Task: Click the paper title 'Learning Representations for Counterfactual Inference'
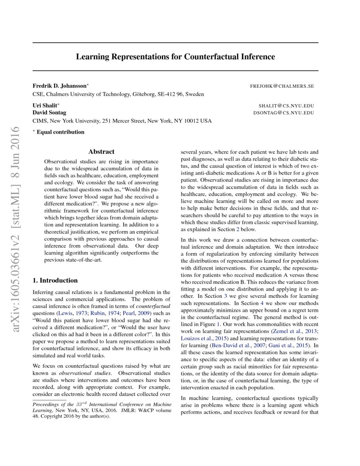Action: click(x=175, y=57)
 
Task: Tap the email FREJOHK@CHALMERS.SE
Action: click(x=282, y=86)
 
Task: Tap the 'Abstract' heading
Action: click(x=101, y=152)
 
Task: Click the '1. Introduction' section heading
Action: click(x=55, y=280)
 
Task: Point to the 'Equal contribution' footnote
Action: click(x=60, y=132)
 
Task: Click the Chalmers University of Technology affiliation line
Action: click(x=118, y=94)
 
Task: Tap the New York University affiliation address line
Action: click(x=122, y=121)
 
